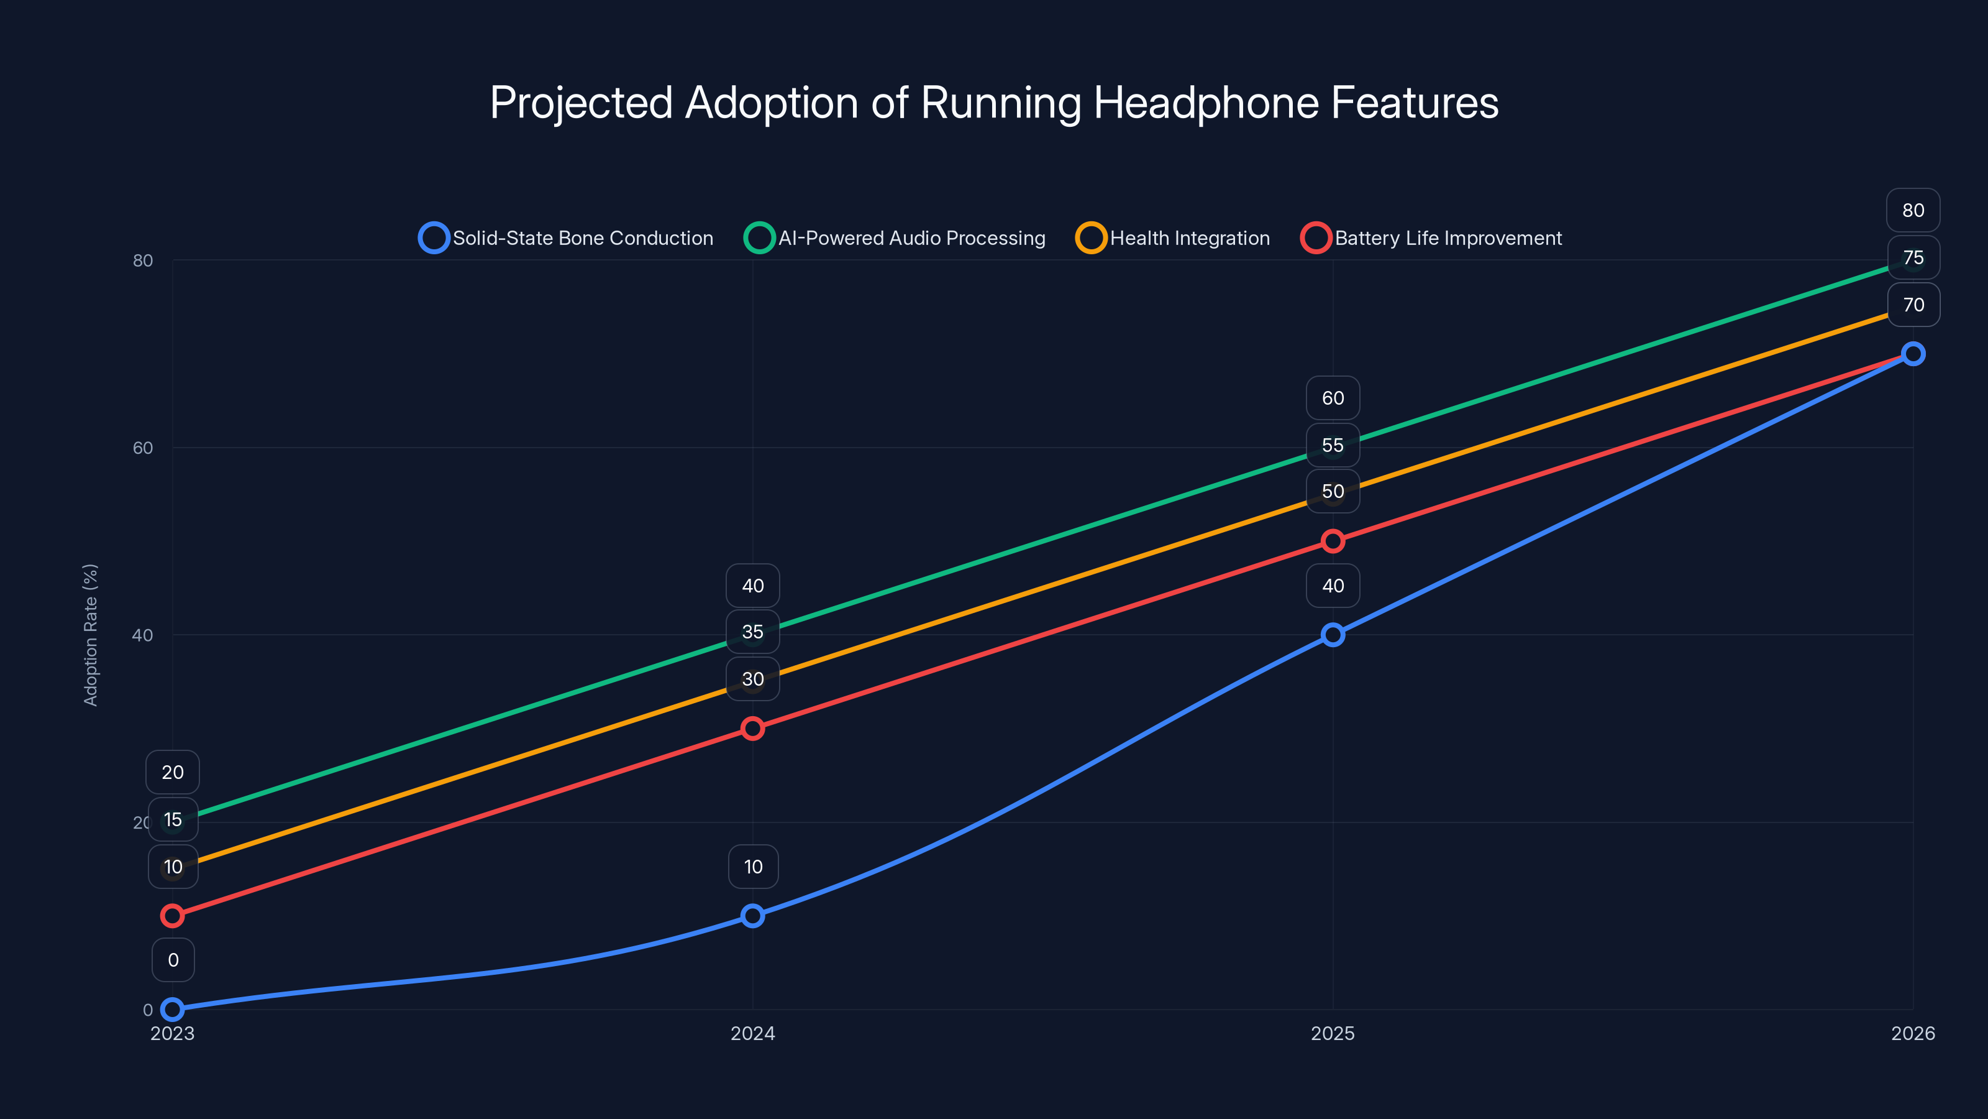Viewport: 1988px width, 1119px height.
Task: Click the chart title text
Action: (x=994, y=103)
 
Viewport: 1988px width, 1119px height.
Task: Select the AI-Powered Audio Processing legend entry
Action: (x=895, y=238)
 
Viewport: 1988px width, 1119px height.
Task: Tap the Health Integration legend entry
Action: (x=1173, y=238)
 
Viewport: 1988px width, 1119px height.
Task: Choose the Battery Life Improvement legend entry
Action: (x=1431, y=238)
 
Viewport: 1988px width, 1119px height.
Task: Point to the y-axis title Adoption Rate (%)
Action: (x=90, y=634)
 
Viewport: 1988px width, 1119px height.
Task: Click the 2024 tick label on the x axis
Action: (x=752, y=1033)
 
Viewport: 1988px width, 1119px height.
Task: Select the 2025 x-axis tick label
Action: (x=1333, y=1033)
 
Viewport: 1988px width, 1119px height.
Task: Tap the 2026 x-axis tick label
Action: (x=1912, y=1033)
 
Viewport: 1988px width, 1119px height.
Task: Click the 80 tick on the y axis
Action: (x=143, y=260)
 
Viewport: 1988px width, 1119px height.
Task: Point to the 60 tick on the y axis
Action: (x=143, y=448)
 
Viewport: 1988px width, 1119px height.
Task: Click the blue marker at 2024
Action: (x=752, y=916)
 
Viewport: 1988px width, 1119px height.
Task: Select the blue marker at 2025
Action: (x=1333, y=635)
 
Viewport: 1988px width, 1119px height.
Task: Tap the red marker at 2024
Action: (x=752, y=728)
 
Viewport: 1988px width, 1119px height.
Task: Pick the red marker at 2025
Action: (x=1333, y=541)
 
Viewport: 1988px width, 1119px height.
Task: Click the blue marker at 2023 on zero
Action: (x=172, y=1010)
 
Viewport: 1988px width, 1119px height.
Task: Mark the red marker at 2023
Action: (x=172, y=916)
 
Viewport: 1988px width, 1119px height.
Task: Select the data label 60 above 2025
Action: (x=1333, y=398)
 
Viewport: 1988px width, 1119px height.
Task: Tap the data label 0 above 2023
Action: (x=173, y=960)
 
